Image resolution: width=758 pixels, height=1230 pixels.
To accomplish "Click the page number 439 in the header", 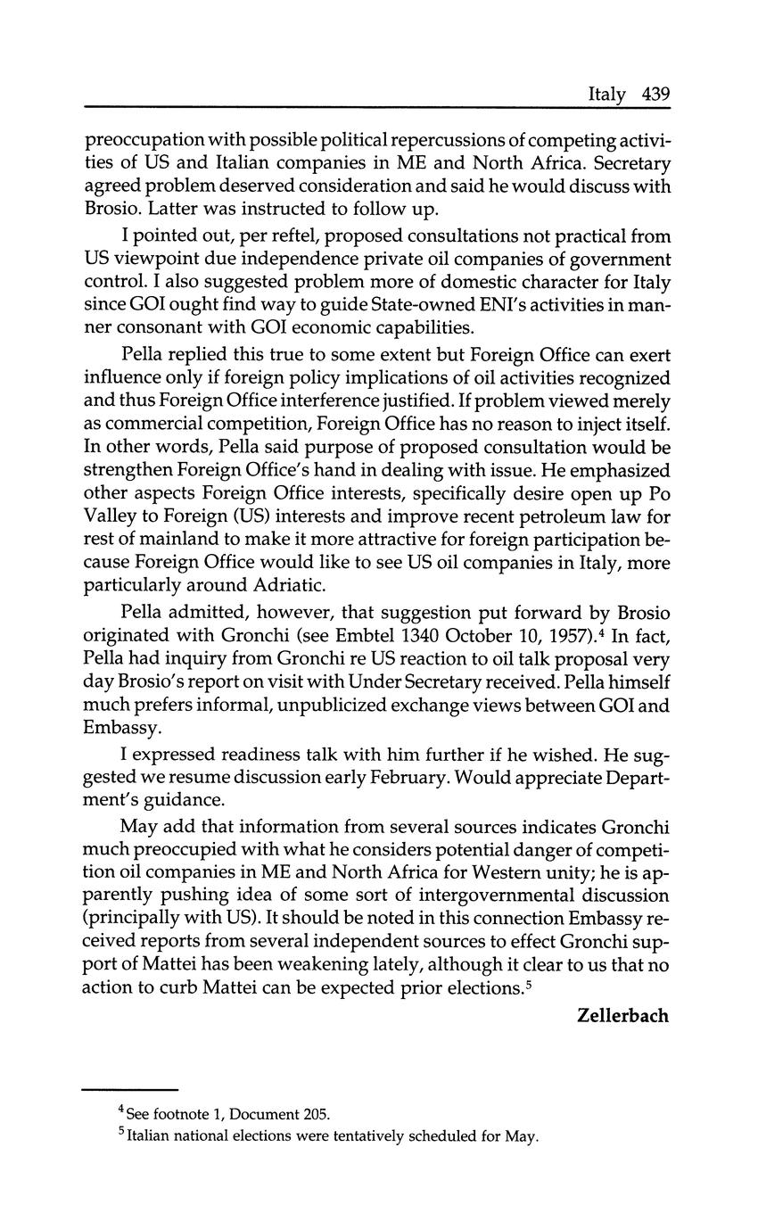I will click(x=655, y=95).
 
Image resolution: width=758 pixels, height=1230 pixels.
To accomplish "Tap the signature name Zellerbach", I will click(x=622, y=1016).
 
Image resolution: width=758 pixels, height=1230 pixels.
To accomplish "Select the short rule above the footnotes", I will click(x=131, y=1090).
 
